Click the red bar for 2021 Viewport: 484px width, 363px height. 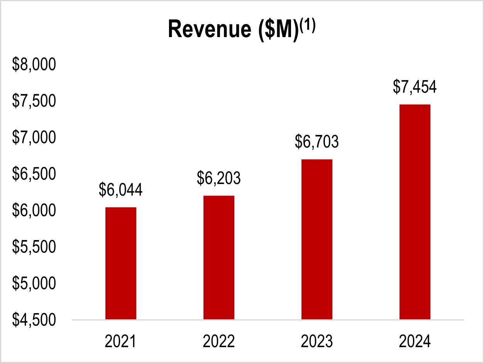(x=120, y=263)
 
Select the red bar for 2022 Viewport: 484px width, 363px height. (x=218, y=257)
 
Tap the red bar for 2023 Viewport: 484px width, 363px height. (x=316, y=239)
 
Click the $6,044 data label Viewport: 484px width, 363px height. (x=120, y=190)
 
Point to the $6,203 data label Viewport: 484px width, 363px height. (x=218, y=178)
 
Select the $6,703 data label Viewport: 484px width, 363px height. (x=316, y=142)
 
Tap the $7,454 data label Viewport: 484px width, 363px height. (x=415, y=87)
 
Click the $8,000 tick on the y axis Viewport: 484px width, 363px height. (x=34, y=65)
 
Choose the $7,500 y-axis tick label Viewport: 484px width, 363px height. (x=34, y=101)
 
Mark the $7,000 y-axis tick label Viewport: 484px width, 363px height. (x=34, y=138)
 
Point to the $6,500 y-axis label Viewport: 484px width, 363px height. (x=34, y=174)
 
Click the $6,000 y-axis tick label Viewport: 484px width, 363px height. (x=34, y=211)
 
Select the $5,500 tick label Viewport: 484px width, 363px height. (x=34, y=247)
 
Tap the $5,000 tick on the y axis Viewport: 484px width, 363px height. (x=34, y=283)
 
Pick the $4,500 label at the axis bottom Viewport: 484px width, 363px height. (x=34, y=320)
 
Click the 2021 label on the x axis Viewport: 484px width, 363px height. (x=120, y=342)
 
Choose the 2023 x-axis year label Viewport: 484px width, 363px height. (x=316, y=342)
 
